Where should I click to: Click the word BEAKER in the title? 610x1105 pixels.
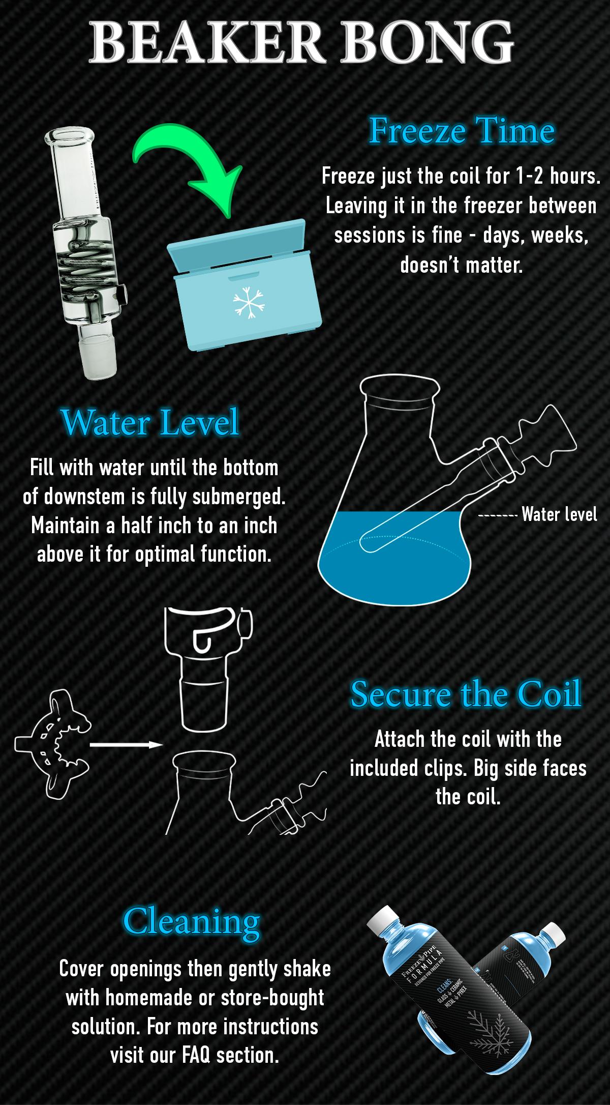click(201, 42)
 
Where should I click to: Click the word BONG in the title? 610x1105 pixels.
click(430, 42)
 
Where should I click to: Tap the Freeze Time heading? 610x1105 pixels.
click(461, 131)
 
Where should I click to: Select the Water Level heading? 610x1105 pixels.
click(149, 422)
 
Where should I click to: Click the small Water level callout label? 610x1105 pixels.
click(559, 515)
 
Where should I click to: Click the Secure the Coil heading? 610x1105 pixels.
click(465, 694)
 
